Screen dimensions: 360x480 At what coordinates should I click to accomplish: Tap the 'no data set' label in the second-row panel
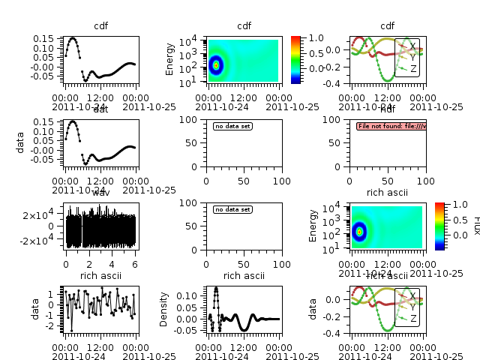pos(232,126)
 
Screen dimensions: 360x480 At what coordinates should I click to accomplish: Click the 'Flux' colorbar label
pos(475,225)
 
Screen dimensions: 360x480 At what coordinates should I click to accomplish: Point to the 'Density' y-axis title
pos(184,309)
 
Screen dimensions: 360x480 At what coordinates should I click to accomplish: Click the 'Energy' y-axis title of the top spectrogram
pos(171,58)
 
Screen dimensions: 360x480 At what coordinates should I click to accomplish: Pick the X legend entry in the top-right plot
pos(412,46)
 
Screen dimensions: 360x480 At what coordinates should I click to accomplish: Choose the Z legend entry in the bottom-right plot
pos(412,319)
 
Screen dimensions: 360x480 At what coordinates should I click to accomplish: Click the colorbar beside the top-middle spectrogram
pos(295,58)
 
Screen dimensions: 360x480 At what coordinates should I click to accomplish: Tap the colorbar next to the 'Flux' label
pos(439,225)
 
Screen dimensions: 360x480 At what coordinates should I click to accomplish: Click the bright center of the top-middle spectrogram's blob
pos(217,65)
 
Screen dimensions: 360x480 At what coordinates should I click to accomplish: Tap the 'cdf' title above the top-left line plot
pos(100,26)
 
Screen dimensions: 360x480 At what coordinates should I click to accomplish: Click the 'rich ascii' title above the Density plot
pos(243,276)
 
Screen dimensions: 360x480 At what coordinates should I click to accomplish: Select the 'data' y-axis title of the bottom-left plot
pos(34,309)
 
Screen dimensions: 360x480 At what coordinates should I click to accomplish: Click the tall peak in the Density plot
pos(216,288)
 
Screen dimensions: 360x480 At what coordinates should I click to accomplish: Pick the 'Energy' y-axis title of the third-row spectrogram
pos(313,225)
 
